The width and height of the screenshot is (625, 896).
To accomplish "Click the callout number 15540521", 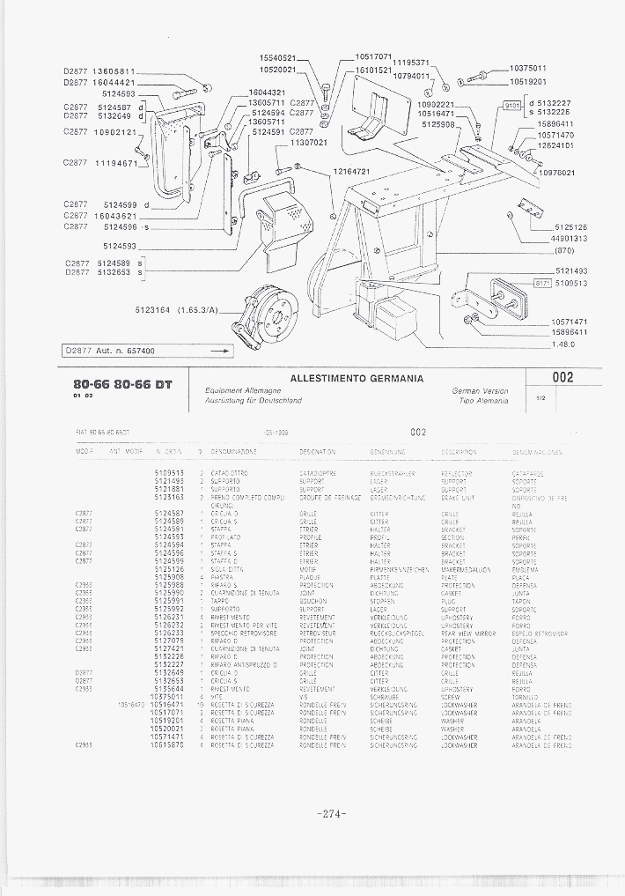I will tap(275, 58).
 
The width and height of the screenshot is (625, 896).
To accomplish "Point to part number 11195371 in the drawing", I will tap(409, 63).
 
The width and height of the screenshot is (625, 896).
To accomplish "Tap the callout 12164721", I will tap(351, 171).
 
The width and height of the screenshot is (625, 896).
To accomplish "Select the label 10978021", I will tap(556, 173).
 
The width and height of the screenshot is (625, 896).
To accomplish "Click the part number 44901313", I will tap(569, 239).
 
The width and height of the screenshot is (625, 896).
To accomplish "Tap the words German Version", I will tap(481, 389).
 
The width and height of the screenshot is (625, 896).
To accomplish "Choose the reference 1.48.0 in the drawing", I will tap(563, 344).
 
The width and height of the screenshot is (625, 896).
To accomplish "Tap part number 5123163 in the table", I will tap(169, 497).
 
